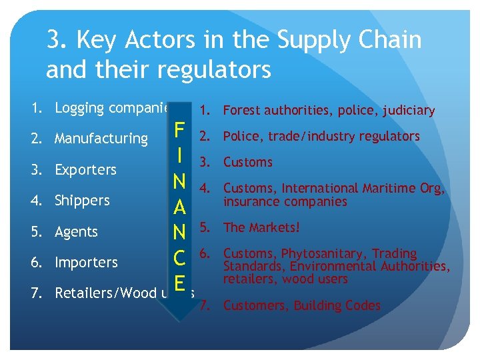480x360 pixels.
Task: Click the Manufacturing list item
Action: click(101, 139)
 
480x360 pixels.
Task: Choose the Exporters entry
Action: click(85, 170)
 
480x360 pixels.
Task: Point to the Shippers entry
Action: click(82, 201)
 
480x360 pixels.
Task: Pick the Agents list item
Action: click(76, 232)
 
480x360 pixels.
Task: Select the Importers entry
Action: click(86, 263)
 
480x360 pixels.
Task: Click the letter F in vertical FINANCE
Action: click(179, 129)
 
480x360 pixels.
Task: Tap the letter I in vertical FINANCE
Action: click(179, 155)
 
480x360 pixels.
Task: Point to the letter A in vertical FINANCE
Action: click(179, 207)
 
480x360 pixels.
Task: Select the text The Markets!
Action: click(261, 227)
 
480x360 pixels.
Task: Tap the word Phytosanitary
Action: click(324, 253)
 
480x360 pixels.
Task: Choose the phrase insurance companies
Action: click(285, 201)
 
